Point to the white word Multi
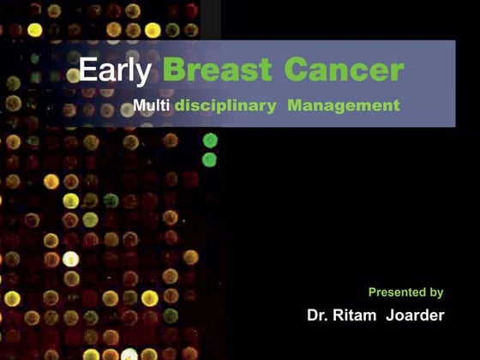[x=153, y=107]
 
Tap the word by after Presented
[x=435, y=293]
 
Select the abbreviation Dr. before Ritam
[x=320, y=315]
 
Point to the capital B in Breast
[x=174, y=71]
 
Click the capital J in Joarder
[x=393, y=315]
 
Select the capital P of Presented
[x=373, y=292]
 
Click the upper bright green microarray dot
[x=210, y=141]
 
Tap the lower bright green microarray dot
[x=209, y=159]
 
